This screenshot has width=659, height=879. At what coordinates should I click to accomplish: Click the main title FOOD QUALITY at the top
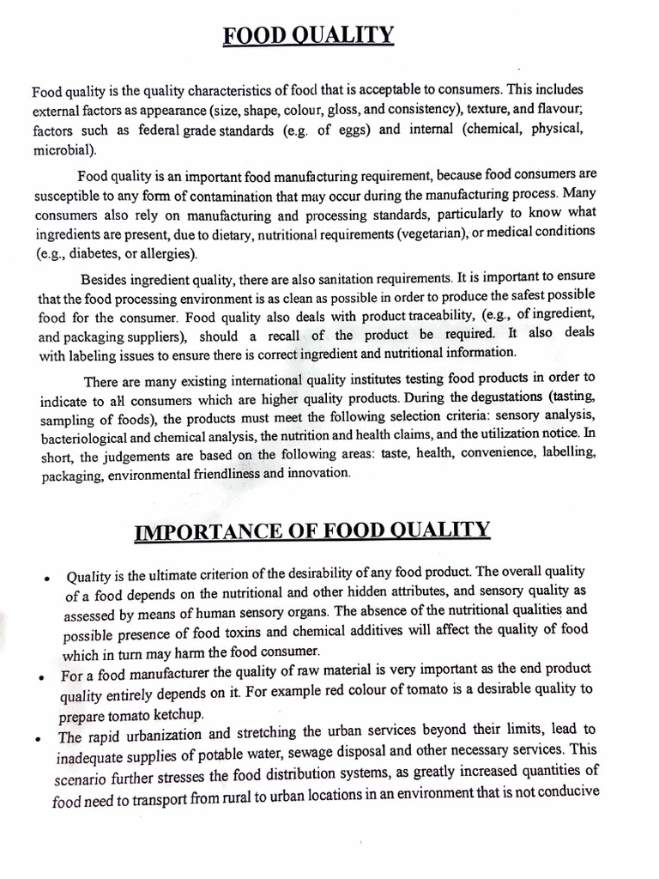pos(309,36)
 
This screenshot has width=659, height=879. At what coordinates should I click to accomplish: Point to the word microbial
pos(63,149)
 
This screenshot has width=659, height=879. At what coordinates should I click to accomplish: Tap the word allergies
pos(169,253)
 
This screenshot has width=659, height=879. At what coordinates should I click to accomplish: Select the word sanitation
pos(354,278)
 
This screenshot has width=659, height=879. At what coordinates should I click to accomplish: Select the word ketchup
pos(167,715)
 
